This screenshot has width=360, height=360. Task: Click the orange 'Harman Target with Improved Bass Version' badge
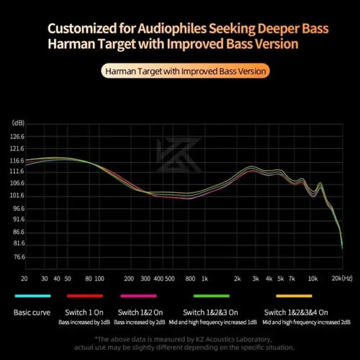click(x=186, y=71)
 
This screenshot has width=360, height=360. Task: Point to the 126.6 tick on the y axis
click(x=18, y=136)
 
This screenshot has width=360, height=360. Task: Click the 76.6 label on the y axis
click(x=18, y=256)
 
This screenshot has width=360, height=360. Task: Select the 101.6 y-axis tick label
click(x=18, y=196)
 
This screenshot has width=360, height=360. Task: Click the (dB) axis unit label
click(x=18, y=123)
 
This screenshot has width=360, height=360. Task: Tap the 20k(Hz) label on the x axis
click(x=341, y=278)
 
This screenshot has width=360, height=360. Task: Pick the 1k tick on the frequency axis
click(x=204, y=278)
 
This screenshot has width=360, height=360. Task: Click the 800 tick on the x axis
click(x=190, y=278)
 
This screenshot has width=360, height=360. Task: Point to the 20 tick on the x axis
click(x=24, y=278)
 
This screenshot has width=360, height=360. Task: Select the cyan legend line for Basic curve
click(x=32, y=296)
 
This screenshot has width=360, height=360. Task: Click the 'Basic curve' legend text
click(x=32, y=312)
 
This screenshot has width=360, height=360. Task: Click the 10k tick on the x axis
click(x=312, y=278)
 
